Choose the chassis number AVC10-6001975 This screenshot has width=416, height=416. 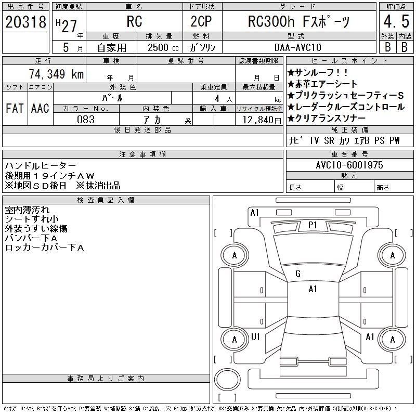tap(349, 164)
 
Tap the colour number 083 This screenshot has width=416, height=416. tap(86, 119)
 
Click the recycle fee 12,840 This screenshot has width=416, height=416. tap(258, 119)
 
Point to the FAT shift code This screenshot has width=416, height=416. tap(15, 108)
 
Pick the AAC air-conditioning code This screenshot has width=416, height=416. tap(40, 108)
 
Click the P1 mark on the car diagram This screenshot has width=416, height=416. tap(313, 225)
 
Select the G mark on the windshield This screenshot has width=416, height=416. tap(298, 274)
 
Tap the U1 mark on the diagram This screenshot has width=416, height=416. tap(255, 337)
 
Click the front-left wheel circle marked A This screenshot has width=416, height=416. tap(234, 255)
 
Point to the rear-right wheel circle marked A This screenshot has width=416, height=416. tap(392, 339)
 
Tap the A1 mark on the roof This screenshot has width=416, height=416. tap(313, 289)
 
